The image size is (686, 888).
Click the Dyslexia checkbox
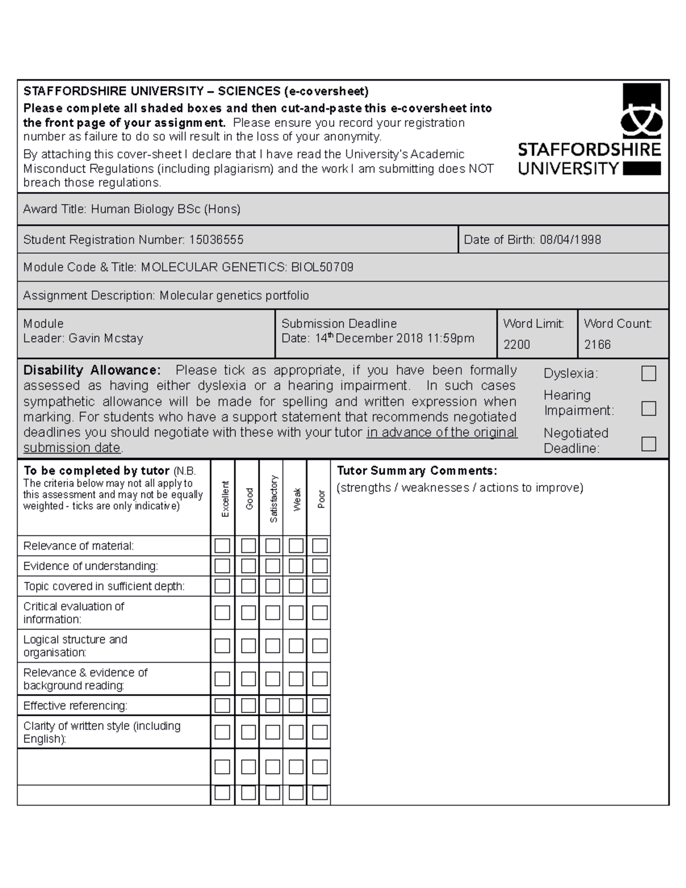point(648,373)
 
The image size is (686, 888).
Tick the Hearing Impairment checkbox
point(648,408)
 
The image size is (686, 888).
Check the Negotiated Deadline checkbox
point(648,444)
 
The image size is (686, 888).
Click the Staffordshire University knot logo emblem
point(641,111)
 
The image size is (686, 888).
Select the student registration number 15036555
point(216,240)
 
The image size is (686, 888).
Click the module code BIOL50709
point(322,267)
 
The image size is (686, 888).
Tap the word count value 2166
point(597,344)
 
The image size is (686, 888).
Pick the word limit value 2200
point(517,344)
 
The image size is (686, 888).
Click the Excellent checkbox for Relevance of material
point(222,545)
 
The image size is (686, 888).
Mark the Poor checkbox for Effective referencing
point(320,706)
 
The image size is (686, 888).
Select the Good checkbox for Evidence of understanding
point(248,566)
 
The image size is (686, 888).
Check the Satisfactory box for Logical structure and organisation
point(273,646)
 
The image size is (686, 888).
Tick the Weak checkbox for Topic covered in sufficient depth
point(296,586)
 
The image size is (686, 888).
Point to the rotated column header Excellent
point(225,499)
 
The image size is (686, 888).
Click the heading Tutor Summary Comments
point(417,471)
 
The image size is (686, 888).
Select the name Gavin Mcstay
point(106,338)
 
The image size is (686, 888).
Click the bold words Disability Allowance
point(92,370)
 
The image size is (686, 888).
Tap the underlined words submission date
point(72,447)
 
